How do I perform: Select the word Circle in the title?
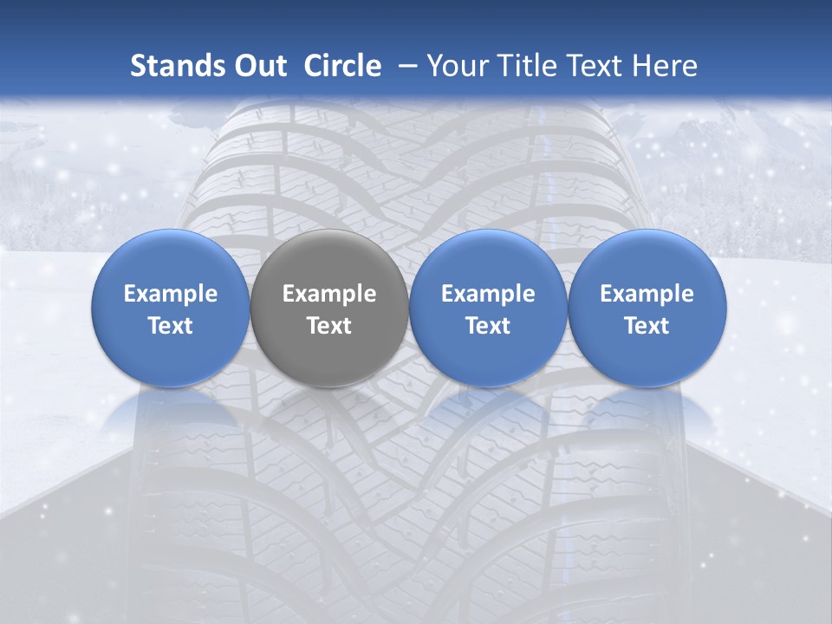(x=342, y=66)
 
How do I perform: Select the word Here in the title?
(x=666, y=66)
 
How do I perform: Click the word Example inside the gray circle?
(x=329, y=294)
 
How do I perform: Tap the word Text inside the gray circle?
(x=329, y=326)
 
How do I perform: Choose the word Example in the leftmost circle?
(x=171, y=294)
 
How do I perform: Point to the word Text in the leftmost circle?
(x=171, y=326)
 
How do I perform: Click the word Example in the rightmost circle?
(x=647, y=294)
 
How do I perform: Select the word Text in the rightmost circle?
(x=647, y=326)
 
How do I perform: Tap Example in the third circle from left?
(x=488, y=294)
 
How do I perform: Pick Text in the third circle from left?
(x=488, y=326)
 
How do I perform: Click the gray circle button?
(x=329, y=355)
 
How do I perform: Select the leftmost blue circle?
(x=171, y=355)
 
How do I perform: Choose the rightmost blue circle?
(x=647, y=355)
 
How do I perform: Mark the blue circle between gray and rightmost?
(x=488, y=355)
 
